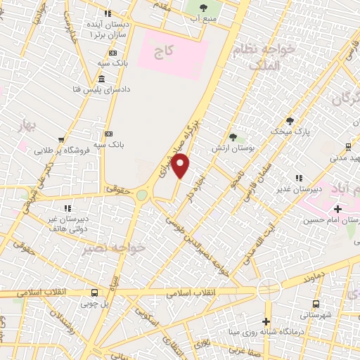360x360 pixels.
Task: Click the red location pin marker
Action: [x=181, y=166]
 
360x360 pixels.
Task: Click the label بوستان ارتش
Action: [x=233, y=149]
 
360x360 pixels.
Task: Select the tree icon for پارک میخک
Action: [x=290, y=120]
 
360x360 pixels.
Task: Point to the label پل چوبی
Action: [x=95, y=304]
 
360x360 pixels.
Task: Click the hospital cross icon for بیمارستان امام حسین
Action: [x=338, y=209]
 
